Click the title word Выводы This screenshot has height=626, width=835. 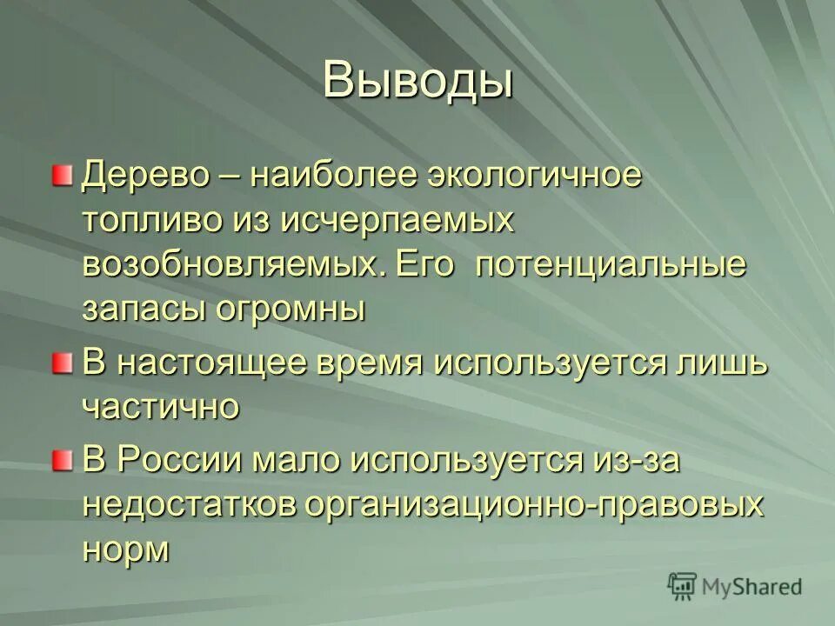coord(417,83)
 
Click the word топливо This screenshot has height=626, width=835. coord(150,220)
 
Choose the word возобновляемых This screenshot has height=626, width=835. coord(235,265)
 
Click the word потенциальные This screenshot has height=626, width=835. coord(610,265)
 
